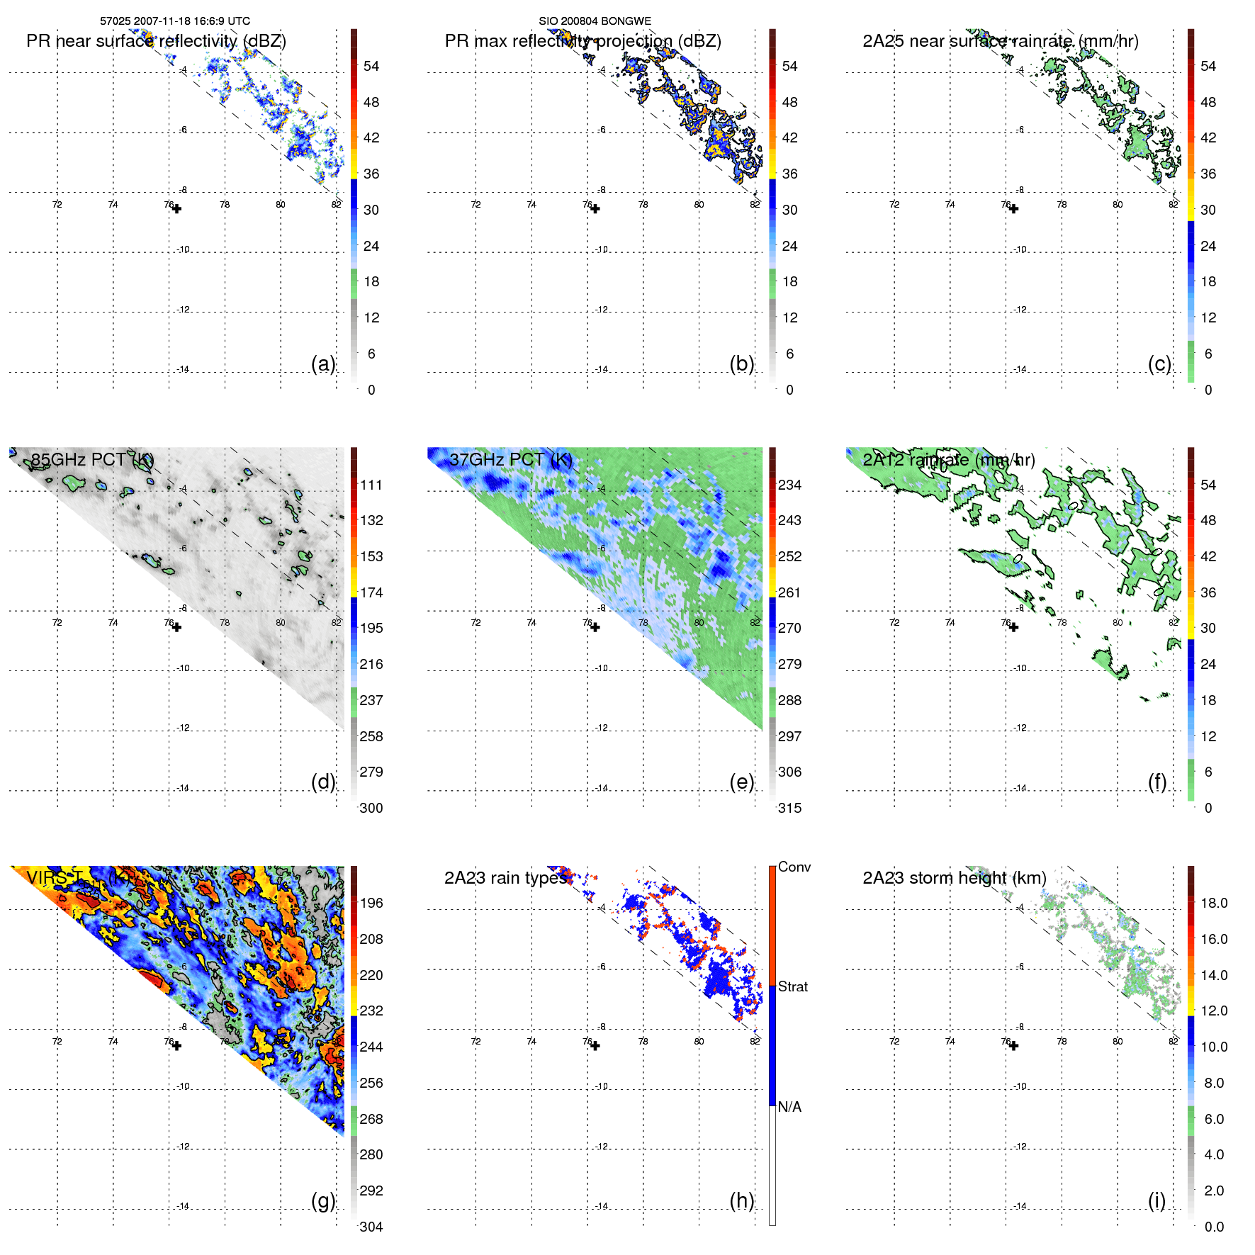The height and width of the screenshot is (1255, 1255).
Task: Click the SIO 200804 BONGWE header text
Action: (x=595, y=21)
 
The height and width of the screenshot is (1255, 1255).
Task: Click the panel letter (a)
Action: (x=323, y=364)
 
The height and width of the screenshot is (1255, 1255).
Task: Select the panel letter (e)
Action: (x=741, y=782)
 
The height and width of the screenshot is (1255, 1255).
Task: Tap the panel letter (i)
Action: (x=1156, y=1200)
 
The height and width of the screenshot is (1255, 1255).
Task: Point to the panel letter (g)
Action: (x=323, y=1200)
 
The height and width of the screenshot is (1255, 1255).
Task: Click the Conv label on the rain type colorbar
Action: (x=794, y=867)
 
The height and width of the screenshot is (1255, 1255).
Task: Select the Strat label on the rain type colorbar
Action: (x=792, y=986)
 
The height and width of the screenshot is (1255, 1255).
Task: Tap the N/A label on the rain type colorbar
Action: (x=789, y=1107)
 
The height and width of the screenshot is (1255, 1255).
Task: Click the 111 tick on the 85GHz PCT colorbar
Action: (x=371, y=485)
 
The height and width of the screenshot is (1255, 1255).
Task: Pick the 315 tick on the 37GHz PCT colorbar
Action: (x=789, y=808)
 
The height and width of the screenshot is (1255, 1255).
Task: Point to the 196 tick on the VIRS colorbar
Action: (x=371, y=903)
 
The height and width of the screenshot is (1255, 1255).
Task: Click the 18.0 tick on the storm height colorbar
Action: (x=1213, y=903)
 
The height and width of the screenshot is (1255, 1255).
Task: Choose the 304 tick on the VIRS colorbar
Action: (x=371, y=1227)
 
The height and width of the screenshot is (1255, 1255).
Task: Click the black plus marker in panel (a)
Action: (x=176, y=209)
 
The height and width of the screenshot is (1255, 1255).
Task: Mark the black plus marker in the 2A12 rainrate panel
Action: (x=1013, y=627)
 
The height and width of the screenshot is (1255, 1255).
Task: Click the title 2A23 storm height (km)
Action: (x=954, y=878)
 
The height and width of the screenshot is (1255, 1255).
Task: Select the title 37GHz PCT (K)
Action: (x=510, y=459)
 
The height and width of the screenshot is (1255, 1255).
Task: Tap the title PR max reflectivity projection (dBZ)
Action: (x=583, y=41)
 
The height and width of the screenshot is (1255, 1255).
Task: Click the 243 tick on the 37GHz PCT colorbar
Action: (x=789, y=520)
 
